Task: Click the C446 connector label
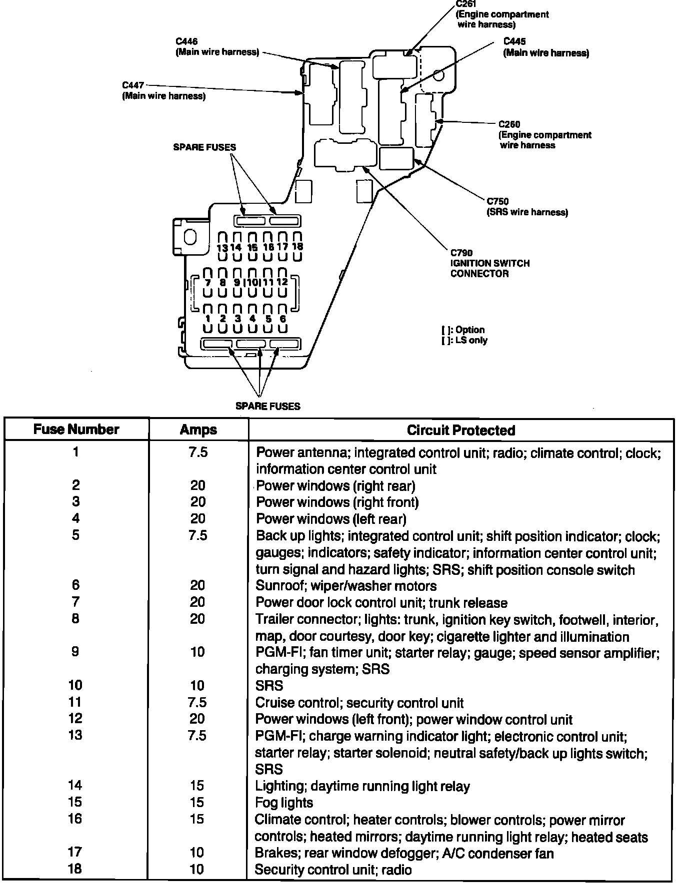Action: pyautogui.click(x=186, y=41)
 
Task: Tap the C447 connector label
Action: pyautogui.click(x=133, y=85)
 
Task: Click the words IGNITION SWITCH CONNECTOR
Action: pyautogui.click(x=489, y=268)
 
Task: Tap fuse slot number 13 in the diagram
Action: pyautogui.click(x=222, y=247)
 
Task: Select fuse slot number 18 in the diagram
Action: pyautogui.click(x=297, y=247)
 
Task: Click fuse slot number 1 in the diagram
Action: pyautogui.click(x=207, y=319)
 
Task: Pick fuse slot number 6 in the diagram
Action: pyautogui.click(x=283, y=319)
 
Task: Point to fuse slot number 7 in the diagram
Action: pyautogui.click(x=207, y=283)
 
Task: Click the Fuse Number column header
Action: pyautogui.click(x=76, y=430)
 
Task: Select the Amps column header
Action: pyautogui.click(x=198, y=430)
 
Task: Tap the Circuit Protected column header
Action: pyautogui.click(x=460, y=431)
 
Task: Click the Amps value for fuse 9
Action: pyautogui.click(x=197, y=652)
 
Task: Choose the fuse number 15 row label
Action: pyautogui.click(x=75, y=802)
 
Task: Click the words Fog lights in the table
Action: pyautogui.click(x=283, y=803)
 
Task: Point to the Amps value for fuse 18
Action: pyautogui.click(x=197, y=869)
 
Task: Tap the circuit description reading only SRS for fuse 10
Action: pyautogui.click(x=269, y=686)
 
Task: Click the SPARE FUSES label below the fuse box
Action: pyautogui.click(x=268, y=407)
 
